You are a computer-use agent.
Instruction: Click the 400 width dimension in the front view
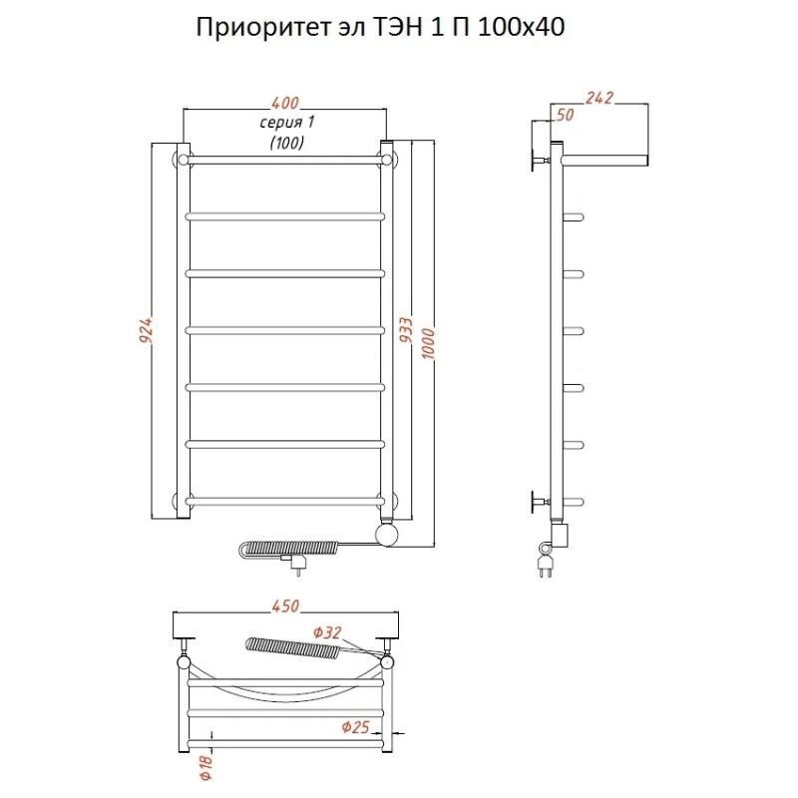point(285,103)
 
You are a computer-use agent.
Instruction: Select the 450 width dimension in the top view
point(285,606)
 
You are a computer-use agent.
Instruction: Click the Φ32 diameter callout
point(326,631)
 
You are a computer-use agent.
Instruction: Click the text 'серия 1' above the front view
point(286,123)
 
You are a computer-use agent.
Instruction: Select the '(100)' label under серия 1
point(286,143)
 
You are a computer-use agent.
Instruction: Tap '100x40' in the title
point(521,29)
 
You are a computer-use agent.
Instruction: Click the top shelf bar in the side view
point(603,160)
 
